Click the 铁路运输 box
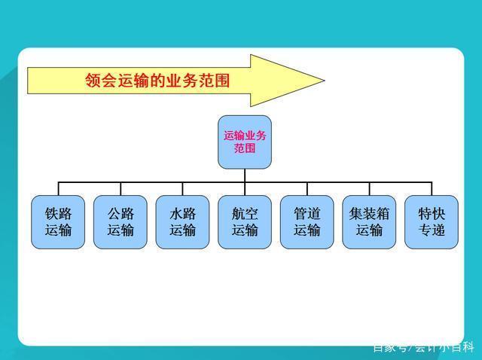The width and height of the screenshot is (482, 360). tap(58, 222)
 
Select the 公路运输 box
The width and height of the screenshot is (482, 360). tap(120, 222)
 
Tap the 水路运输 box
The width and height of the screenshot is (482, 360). tap(182, 222)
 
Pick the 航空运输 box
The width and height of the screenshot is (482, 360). tap(245, 222)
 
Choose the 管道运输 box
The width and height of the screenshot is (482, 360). tap(307, 222)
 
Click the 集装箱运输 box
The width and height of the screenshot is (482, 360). tap(369, 222)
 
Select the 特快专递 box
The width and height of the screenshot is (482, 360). tap(432, 222)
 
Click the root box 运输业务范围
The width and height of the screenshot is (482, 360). tap(245, 142)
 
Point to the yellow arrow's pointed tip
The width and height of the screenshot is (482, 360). tap(325, 81)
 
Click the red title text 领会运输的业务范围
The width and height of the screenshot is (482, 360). tap(157, 81)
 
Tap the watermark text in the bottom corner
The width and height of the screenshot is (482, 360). tap(424, 347)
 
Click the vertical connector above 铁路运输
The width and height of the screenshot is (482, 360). tap(59, 189)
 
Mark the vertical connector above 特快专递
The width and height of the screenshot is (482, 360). tap(432, 189)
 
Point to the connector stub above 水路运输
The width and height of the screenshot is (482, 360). tap(182, 189)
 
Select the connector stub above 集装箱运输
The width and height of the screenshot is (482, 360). tap(369, 189)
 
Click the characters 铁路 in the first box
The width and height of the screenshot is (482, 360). tap(58, 214)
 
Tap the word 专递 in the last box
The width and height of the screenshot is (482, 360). tap(432, 230)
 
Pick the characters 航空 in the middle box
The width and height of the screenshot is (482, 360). tap(245, 214)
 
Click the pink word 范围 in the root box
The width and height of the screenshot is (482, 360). tap(245, 148)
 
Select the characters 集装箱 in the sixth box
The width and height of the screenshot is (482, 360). tap(369, 214)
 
